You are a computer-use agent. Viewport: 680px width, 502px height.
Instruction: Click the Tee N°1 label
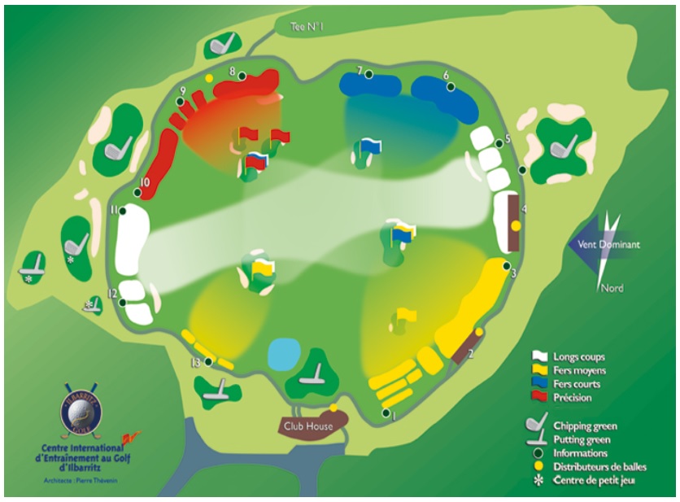coord(307,28)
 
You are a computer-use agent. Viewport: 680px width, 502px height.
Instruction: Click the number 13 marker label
coord(195,362)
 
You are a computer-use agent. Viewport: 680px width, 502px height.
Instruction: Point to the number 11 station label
coord(114,209)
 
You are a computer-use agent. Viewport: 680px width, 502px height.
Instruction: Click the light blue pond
coord(284,353)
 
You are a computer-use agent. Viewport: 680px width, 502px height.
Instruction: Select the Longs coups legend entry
coord(578,357)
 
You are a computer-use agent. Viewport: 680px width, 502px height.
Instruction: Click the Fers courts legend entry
coord(577,384)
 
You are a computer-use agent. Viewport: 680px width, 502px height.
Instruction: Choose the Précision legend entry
coord(573,398)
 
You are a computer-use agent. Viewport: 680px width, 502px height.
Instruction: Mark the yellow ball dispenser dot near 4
coord(516,225)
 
